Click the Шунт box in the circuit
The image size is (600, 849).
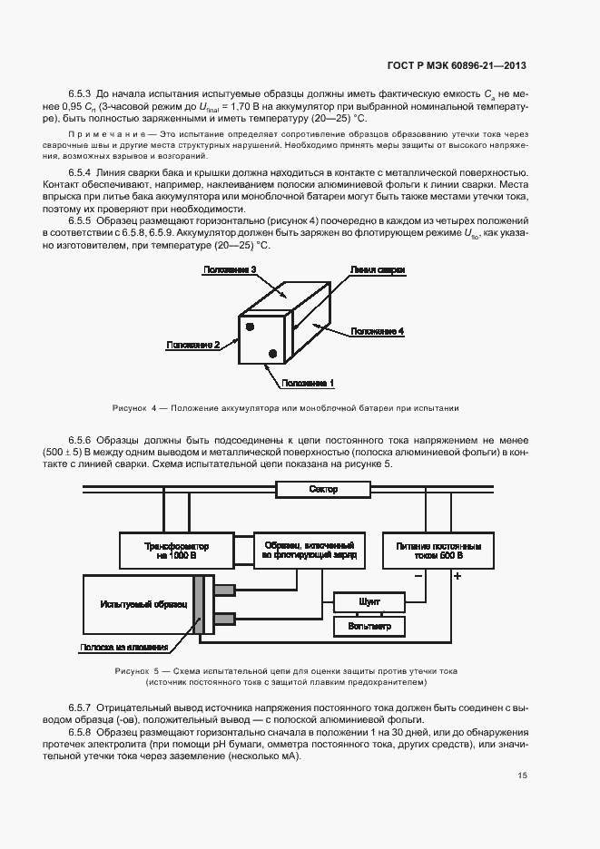[369, 600]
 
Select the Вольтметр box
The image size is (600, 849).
[369, 626]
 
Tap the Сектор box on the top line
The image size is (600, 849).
[322, 490]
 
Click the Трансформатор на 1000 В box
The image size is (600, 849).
[177, 551]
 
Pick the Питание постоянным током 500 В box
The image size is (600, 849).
[438, 551]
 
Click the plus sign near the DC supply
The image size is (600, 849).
[457, 576]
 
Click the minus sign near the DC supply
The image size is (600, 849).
[418, 576]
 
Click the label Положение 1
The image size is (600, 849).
[308, 383]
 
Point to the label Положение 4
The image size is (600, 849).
[376, 331]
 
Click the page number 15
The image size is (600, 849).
[522, 775]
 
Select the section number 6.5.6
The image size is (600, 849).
[84, 439]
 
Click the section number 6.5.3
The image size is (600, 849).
[82, 93]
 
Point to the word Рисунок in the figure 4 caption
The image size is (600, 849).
[130, 407]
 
